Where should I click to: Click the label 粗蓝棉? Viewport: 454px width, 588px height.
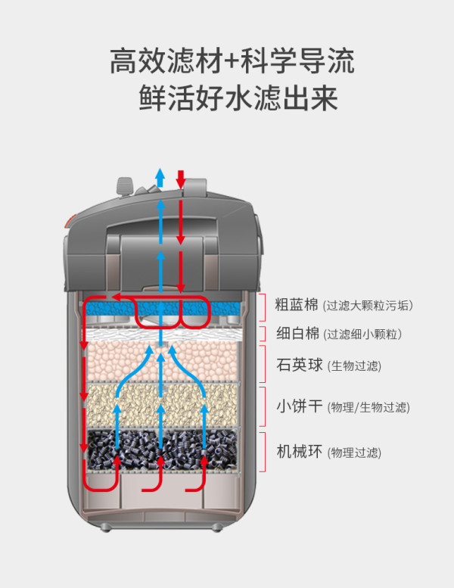coord(296,305)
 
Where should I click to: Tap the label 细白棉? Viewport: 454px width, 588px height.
coord(296,334)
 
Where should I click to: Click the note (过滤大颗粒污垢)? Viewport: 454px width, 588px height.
coord(368,306)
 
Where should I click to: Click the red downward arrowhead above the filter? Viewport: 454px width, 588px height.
coord(180,179)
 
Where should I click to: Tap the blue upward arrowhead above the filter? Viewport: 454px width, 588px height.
coord(160,173)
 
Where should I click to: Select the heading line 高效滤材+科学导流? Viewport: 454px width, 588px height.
coord(232,61)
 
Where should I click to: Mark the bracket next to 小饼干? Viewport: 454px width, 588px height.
coord(261,407)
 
